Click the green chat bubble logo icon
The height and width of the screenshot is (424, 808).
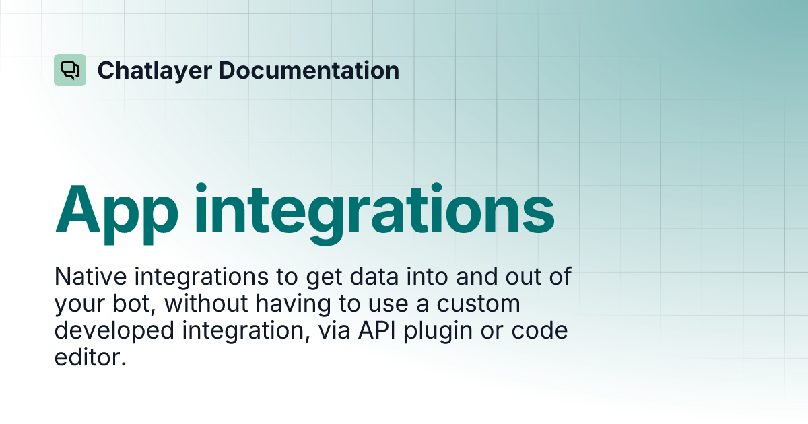pyautogui.click(x=70, y=70)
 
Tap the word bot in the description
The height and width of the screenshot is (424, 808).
pyautogui.click(x=136, y=304)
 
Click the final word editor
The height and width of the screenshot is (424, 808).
pyautogui.click(x=90, y=358)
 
